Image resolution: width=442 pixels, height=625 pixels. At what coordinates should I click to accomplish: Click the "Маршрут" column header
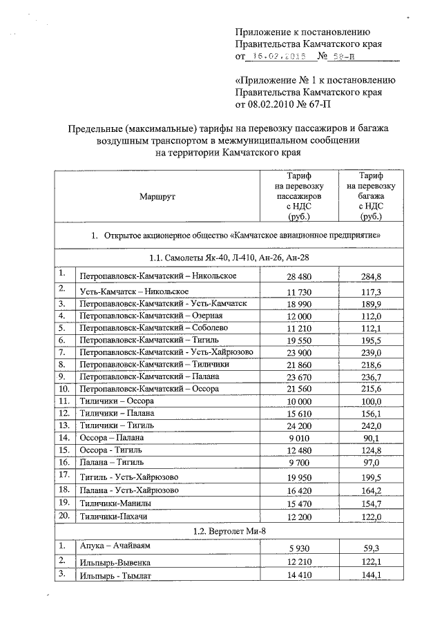coord(157,197)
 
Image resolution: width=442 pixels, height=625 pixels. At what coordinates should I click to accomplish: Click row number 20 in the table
coord(64,515)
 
